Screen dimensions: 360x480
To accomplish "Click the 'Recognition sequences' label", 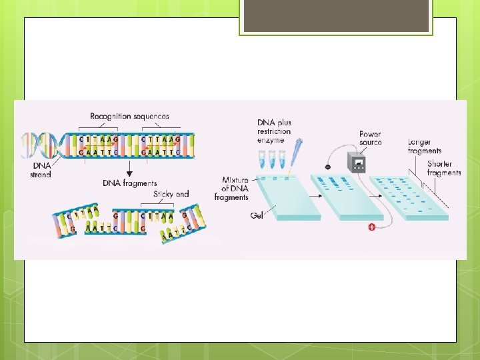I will click(x=130, y=117).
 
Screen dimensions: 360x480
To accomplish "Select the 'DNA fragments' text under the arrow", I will click(x=130, y=183).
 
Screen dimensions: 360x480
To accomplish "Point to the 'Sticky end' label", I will click(x=171, y=194).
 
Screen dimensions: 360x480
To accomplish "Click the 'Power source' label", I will click(x=370, y=138).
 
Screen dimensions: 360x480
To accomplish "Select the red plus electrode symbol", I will click(x=371, y=228).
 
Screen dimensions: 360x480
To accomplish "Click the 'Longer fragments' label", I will click(x=424, y=147).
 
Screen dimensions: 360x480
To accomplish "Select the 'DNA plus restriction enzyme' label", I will click(x=274, y=131).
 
